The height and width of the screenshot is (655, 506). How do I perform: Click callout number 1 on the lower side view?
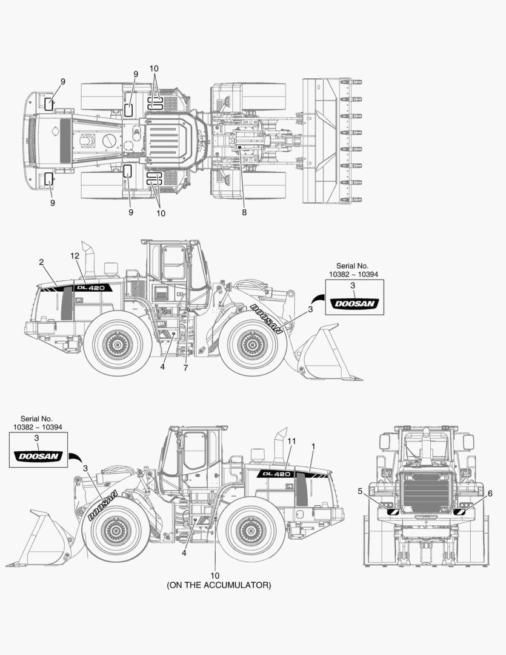tap(313, 446)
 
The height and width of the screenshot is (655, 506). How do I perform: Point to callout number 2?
tap(41, 262)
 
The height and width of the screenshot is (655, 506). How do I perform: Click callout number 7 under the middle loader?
tap(185, 368)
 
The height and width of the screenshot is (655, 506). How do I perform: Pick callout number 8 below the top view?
tap(244, 212)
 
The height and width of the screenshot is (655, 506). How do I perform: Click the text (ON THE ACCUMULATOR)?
tap(219, 585)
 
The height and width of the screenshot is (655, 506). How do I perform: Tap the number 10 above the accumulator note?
tap(215, 575)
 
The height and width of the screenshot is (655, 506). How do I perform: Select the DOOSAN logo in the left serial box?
tap(36, 455)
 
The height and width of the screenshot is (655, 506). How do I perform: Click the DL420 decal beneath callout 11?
tap(276, 473)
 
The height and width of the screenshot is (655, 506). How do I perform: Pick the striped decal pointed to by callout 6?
tap(459, 513)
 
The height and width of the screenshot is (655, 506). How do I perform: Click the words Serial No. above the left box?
tap(36, 418)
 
